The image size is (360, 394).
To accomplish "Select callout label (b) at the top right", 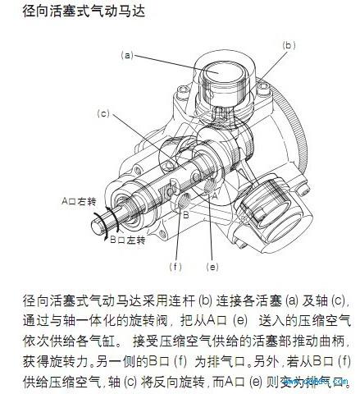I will (x=288, y=46).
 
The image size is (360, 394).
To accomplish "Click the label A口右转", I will (x=80, y=199).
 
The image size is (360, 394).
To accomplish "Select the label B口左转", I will (x=128, y=240).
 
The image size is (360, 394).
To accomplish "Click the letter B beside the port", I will (x=186, y=215).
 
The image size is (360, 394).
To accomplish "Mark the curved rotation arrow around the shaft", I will (x=105, y=223).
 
